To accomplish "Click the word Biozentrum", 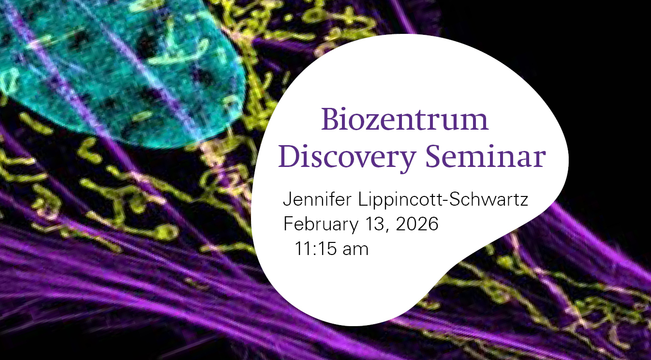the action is (x=404, y=120).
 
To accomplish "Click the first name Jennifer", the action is (x=317, y=199).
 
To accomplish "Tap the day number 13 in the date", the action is (x=375, y=224).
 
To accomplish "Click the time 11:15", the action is (x=316, y=249).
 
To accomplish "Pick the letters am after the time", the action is (x=355, y=250).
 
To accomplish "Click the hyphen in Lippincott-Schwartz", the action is (x=445, y=201).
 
